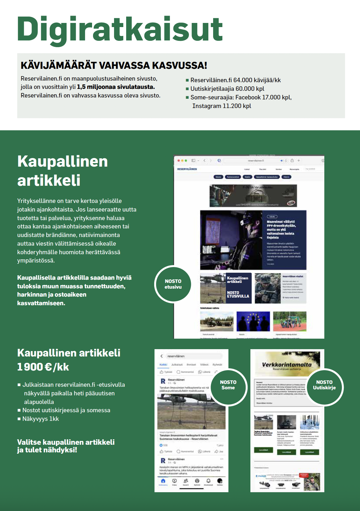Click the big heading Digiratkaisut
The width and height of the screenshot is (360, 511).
coord(120,29)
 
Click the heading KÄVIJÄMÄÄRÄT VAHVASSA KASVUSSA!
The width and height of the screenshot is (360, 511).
coord(114,65)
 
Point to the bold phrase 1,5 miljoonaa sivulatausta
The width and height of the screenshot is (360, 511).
coord(116,87)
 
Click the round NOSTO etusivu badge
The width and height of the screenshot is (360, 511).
coord(173,284)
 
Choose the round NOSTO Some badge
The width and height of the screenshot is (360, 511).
coord(228,385)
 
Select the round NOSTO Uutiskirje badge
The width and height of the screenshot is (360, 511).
coord(324,385)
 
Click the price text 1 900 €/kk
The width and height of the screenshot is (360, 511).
coord(43,367)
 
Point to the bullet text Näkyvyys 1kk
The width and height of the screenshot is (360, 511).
coord(40,419)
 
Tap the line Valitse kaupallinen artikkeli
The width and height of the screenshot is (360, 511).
coord(66,442)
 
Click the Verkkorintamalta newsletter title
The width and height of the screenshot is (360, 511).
coord(287,364)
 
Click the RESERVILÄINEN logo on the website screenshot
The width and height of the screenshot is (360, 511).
coord(187,169)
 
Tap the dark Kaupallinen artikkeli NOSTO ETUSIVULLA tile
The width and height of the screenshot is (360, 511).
coord(238,287)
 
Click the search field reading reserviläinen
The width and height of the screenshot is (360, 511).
coord(193,356)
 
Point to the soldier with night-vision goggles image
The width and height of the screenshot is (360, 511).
coord(231,240)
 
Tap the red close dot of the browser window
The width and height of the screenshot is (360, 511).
coord(178,161)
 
